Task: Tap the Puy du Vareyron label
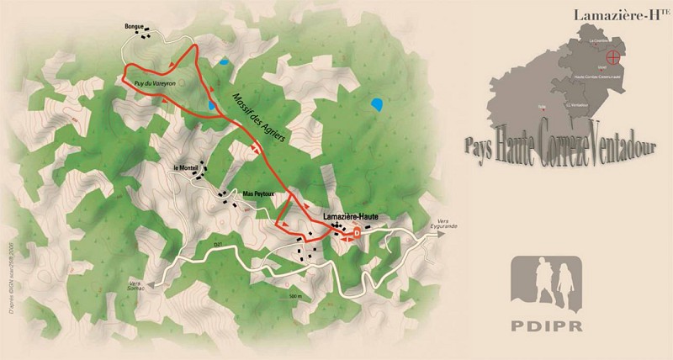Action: coord(153,83)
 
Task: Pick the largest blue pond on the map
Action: coord(376,106)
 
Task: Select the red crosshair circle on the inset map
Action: coord(615,58)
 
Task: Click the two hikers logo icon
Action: coord(547,281)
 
